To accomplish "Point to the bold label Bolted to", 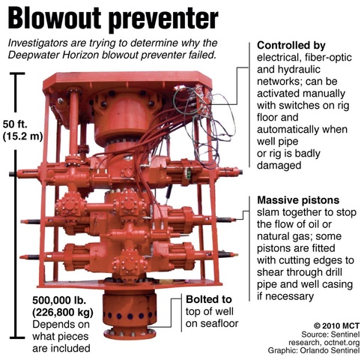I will pyautogui.click(x=204, y=298).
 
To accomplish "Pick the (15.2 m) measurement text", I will pyautogui.click(x=23, y=136).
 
